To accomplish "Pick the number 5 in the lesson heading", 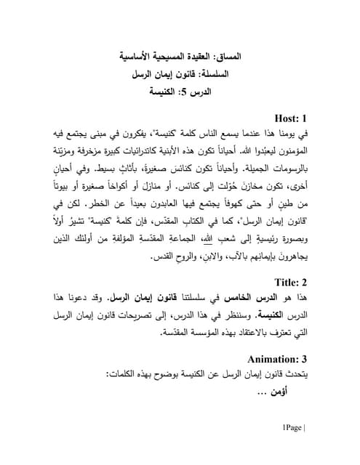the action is [x=196, y=93].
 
